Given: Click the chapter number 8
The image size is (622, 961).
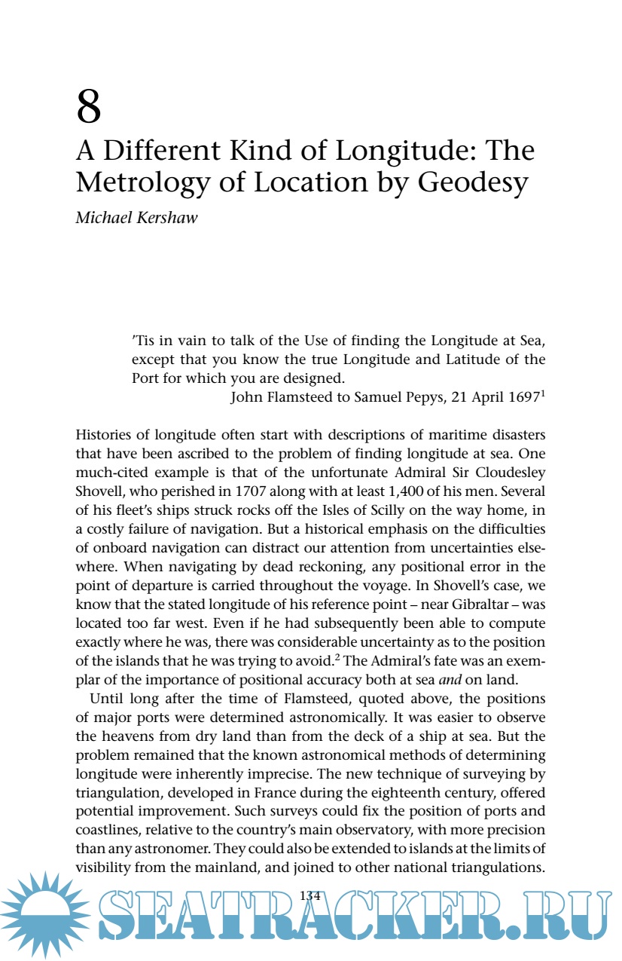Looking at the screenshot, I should [89, 107].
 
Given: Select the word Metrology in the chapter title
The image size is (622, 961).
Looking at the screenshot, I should [143, 183].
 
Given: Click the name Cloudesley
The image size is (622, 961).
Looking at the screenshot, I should [508, 472].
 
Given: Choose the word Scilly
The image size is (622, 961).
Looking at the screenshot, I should [393, 508].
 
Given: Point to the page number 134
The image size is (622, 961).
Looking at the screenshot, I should [310, 895].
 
